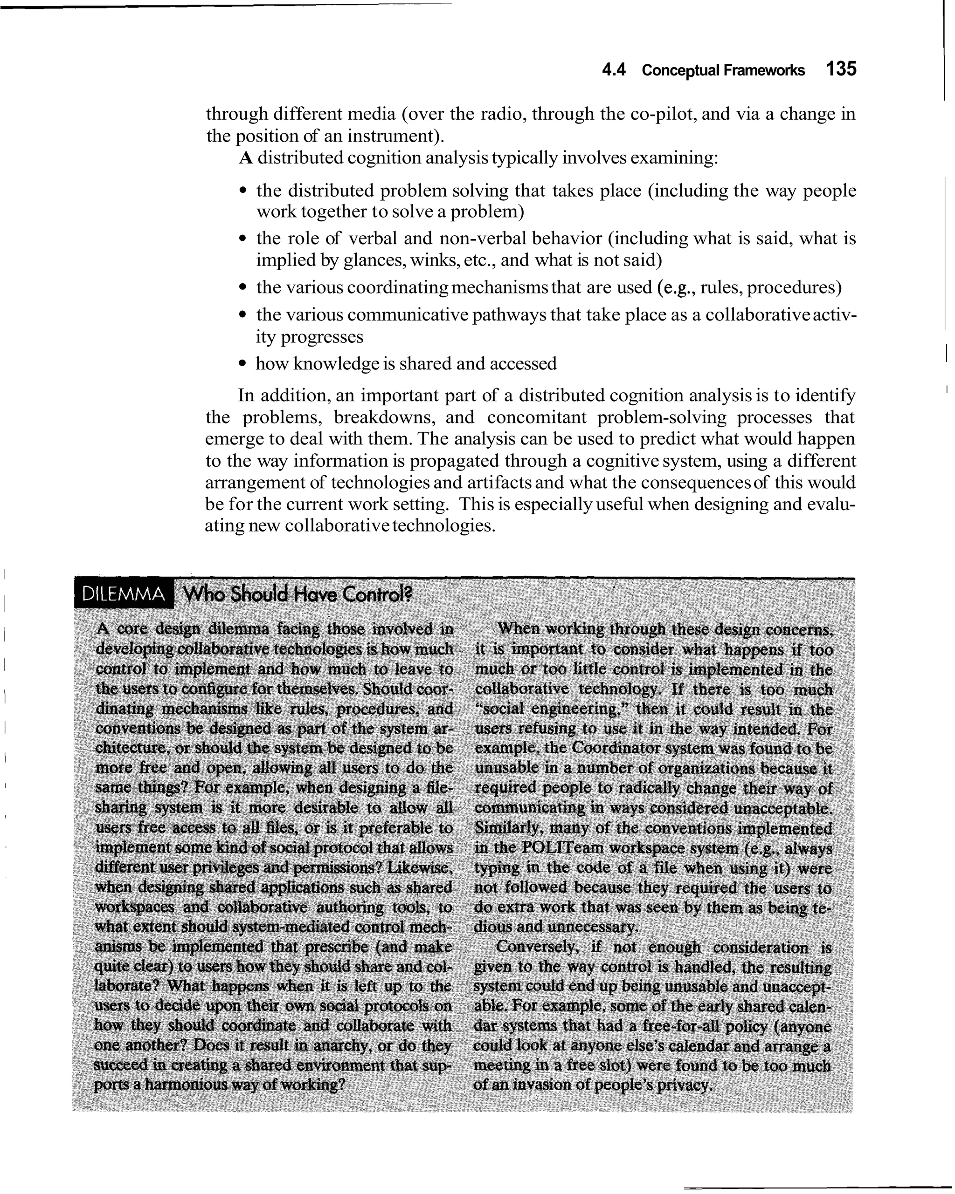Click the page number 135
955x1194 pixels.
click(841, 69)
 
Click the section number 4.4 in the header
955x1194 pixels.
click(614, 70)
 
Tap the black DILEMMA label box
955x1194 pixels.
click(123, 594)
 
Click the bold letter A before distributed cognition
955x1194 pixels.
click(246, 158)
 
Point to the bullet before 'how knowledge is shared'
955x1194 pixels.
click(242, 364)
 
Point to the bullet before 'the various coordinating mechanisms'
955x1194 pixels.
click(242, 288)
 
